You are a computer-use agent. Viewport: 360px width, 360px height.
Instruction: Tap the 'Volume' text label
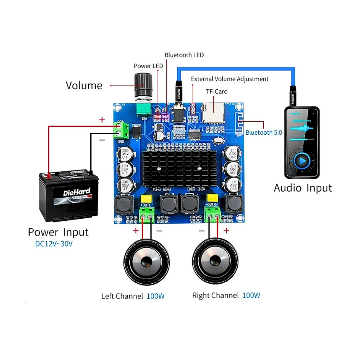pos(84,85)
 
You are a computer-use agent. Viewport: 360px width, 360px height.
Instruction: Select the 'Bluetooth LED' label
pos(184,55)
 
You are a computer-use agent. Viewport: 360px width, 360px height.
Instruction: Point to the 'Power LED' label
pos(148,66)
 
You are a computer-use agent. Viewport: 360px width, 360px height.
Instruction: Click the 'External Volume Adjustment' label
pos(230,79)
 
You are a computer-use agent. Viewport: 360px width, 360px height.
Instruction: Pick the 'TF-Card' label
pos(217,91)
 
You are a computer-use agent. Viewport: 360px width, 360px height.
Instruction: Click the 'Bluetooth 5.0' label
pos(264,133)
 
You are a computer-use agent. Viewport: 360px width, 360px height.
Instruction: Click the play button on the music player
pos(302,161)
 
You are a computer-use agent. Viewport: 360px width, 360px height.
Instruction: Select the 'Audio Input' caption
pos(303,188)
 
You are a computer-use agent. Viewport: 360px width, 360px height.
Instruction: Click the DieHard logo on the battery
pos(77,193)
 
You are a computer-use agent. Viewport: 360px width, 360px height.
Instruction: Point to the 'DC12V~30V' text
pos(54,244)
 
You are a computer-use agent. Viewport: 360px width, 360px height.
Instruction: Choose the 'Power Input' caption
pos(58,232)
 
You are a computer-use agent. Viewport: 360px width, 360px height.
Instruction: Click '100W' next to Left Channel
pos(155,296)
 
